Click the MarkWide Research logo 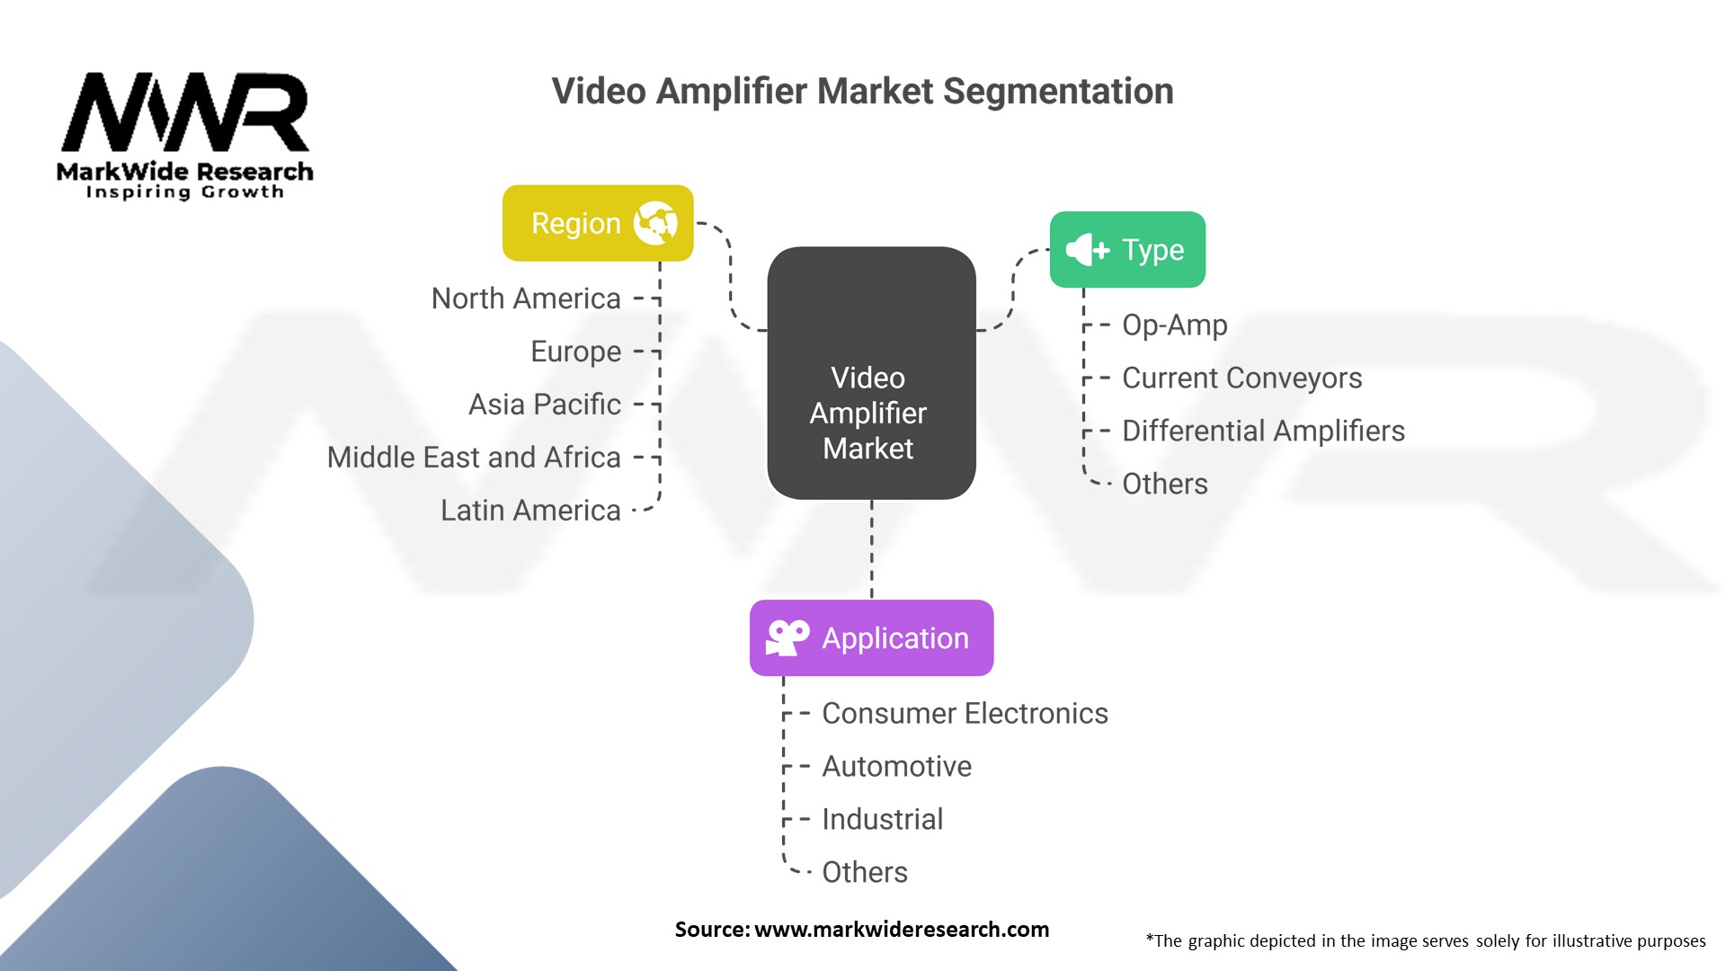[184, 135]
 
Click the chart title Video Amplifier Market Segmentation [862, 92]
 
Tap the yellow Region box [597, 223]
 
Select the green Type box [1127, 250]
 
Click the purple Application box [871, 638]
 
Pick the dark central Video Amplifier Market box [871, 373]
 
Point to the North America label [526, 298]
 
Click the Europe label [575, 352]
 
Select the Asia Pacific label [544, 405]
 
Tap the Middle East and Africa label [474, 458]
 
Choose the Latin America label [530, 511]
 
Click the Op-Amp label [1174, 325]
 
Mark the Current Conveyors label [1241, 378]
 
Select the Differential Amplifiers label [1263, 431]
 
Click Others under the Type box [1164, 484]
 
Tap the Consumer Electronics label [965, 713]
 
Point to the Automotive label [896, 766]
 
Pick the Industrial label [882, 819]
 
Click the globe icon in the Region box [655, 223]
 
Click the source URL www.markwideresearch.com [901, 930]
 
